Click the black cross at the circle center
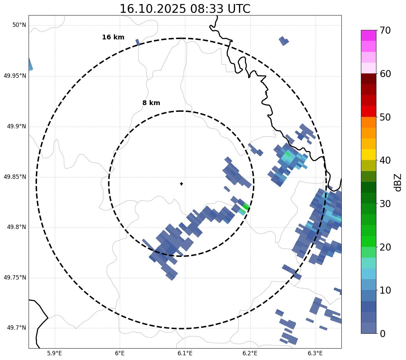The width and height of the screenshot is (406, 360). click(181, 184)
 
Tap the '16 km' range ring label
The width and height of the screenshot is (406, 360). click(113, 37)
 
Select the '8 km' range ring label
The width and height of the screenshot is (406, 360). click(151, 103)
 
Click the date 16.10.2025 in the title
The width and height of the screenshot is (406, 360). click(152, 9)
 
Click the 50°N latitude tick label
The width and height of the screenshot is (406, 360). click(19, 25)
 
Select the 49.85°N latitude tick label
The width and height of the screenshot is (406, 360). click(15, 177)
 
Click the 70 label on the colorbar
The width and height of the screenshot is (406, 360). click(385, 31)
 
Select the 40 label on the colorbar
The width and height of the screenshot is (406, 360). click(385, 161)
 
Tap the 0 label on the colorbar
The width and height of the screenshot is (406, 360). click(382, 334)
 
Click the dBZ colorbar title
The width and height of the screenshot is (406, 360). click(398, 182)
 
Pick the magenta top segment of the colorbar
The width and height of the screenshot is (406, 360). click(368, 35)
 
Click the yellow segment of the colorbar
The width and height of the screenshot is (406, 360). click(368, 155)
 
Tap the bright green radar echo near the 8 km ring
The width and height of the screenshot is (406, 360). click(246, 206)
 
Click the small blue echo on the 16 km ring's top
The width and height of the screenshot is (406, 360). click(137, 42)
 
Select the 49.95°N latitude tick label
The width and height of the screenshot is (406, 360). click(15, 76)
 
